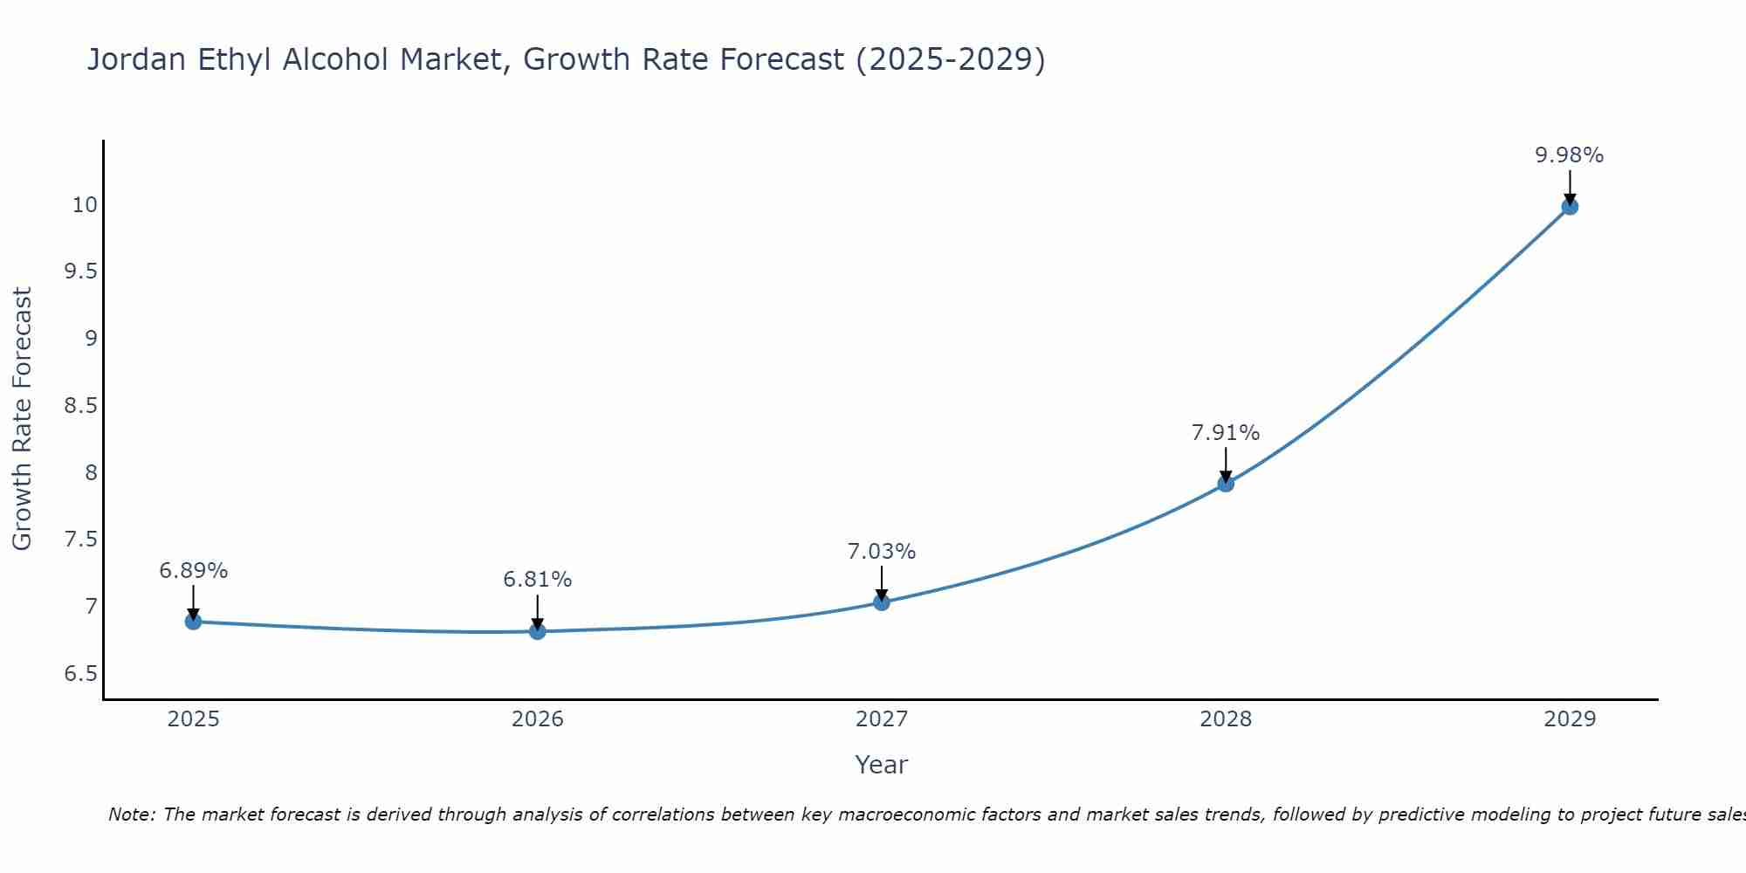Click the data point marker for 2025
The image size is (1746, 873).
coord(193,622)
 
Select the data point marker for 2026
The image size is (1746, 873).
coord(538,631)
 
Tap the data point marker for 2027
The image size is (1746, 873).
coord(882,602)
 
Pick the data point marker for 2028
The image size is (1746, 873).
coord(1226,484)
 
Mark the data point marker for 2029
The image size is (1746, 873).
coord(1570,207)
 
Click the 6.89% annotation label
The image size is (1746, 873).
coord(193,571)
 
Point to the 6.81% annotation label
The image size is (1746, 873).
coord(538,580)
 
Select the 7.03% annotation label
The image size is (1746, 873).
coord(882,552)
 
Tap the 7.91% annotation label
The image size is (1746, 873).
coord(1226,433)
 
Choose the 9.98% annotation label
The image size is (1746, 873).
coord(1570,155)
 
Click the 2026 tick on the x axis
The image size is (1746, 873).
coord(538,719)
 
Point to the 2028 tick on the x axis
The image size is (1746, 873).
coord(1226,719)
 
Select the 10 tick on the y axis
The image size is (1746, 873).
coord(85,205)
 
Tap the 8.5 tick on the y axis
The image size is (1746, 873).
coord(80,406)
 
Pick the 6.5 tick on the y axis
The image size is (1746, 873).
coord(80,674)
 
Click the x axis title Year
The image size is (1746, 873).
coord(882,765)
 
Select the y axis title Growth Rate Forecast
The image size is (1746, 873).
coord(22,419)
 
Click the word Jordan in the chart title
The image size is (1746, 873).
coord(136,59)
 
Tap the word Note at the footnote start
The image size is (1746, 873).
coord(131,815)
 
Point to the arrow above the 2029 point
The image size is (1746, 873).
coord(1570,186)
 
